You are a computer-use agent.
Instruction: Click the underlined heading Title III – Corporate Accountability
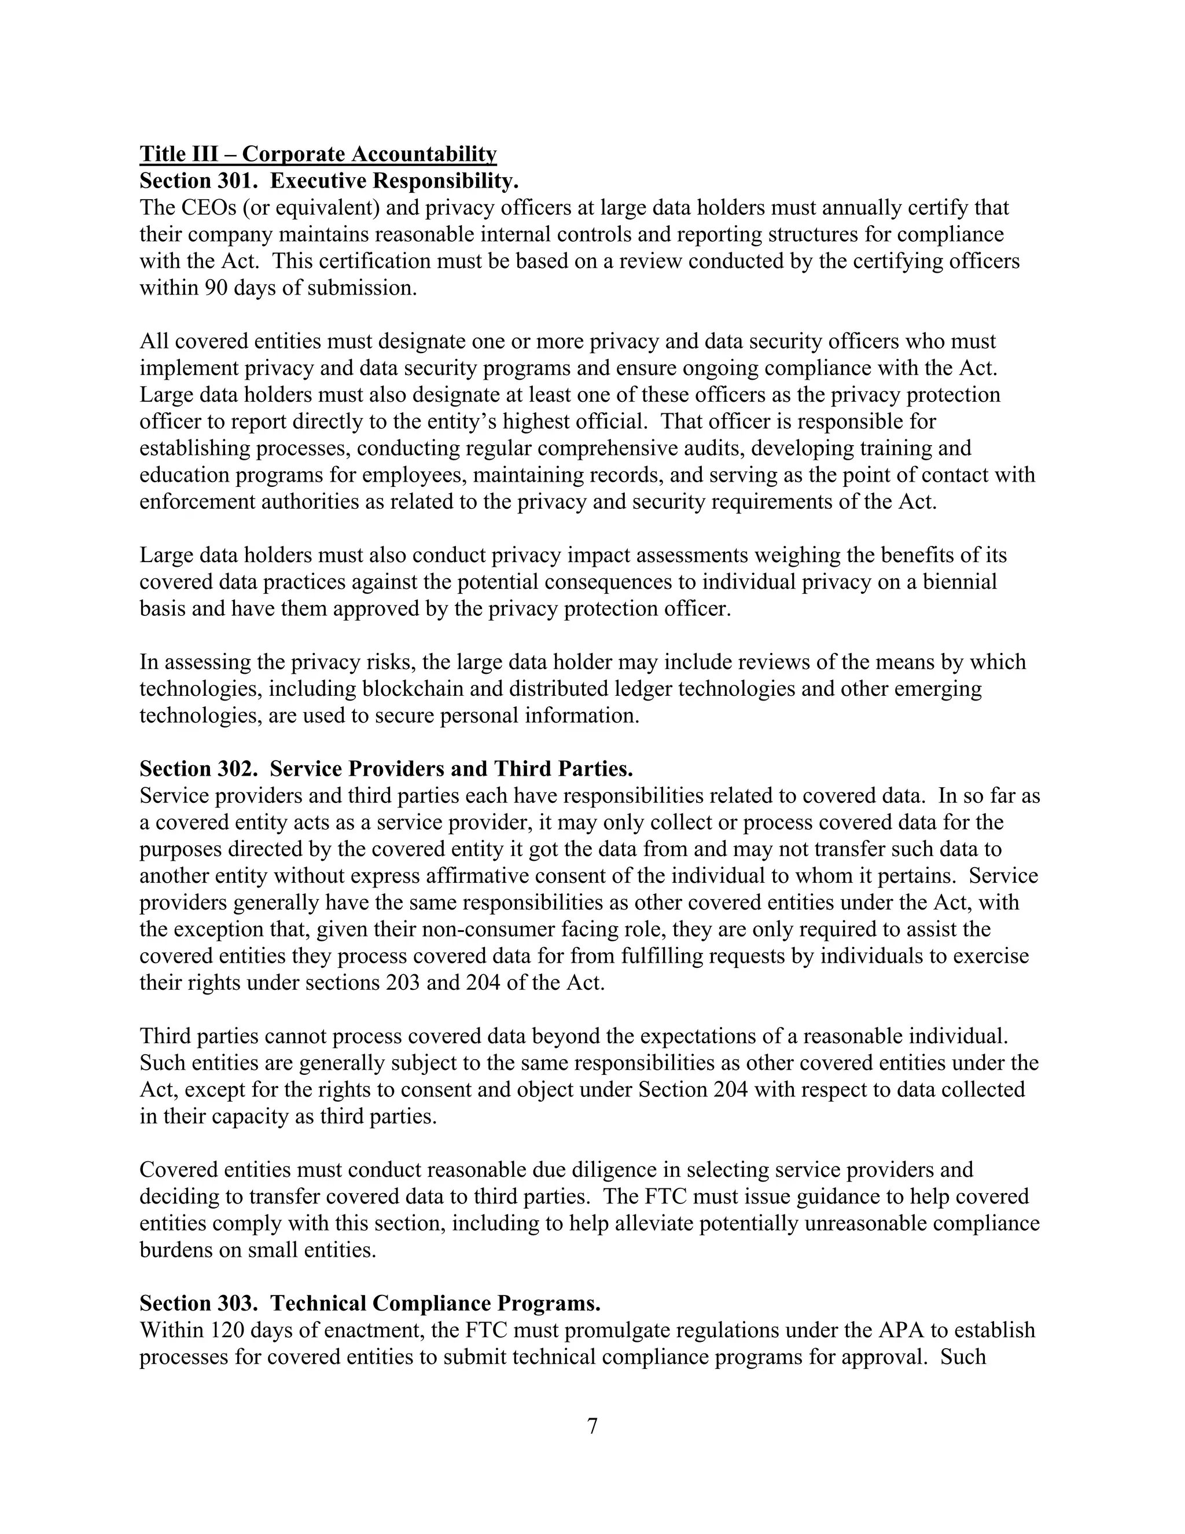pos(318,154)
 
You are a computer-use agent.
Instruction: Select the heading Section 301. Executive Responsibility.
pos(329,181)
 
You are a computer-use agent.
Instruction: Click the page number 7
pos(592,1426)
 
